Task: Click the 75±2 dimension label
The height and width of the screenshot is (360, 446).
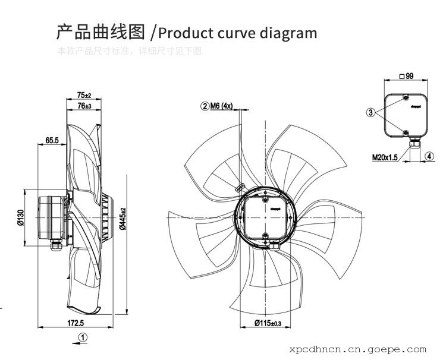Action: pos(84,95)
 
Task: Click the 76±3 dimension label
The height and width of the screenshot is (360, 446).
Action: pos(84,106)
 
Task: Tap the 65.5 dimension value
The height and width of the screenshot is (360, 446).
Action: pos(52,141)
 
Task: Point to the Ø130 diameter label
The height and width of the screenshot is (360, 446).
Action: pos(19,218)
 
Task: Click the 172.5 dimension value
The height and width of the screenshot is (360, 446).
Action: pos(74,323)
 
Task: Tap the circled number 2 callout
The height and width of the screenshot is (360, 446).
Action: pos(205,106)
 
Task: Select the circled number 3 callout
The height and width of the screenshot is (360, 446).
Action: pos(370,112)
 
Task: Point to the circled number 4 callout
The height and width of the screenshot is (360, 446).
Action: pos(429,157)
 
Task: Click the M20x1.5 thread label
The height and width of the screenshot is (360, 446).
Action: pos(385,157)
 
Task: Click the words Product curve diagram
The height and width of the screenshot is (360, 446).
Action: pos(238,31)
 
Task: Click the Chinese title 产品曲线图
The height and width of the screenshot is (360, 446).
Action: pos(100,31)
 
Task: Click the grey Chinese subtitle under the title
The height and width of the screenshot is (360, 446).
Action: pos(129,51)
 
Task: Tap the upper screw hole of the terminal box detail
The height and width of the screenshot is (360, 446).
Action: pos(405,96)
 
